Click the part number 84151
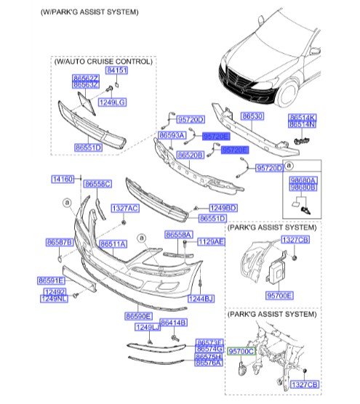tap(116, 70)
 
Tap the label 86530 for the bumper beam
tap(252, 116)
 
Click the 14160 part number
tap(62, 179)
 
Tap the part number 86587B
tap(58, 241)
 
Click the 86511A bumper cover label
tap(113, 244)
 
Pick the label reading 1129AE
tap(211, 241)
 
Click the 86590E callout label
tap(137, 316)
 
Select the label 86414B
tap(173, 322)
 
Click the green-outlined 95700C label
tap(241, 351)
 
